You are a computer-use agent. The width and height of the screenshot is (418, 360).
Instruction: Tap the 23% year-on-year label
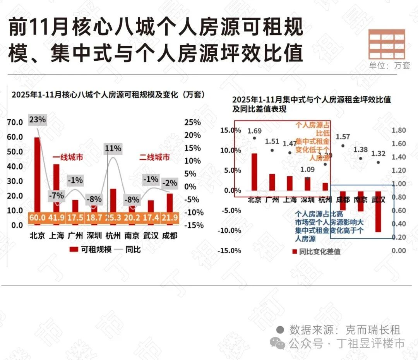tap(38, 120)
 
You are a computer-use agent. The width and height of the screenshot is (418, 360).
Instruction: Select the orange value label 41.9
tap(57, 218)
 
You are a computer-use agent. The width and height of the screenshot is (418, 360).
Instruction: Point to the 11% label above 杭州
tap(113, 148)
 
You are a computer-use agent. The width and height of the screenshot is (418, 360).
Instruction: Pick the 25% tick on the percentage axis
tap(192, 123)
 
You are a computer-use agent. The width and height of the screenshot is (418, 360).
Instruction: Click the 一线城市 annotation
tap(68, 158)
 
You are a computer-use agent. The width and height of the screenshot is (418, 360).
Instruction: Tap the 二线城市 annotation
tap(154, 158)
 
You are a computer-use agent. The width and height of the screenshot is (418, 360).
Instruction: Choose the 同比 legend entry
tap(129, 249)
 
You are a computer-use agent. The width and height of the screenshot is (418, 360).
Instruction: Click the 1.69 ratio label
tap(254, 130)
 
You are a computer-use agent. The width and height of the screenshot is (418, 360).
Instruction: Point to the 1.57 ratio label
tap(343, 137)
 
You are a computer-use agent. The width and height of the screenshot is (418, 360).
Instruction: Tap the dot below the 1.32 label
tap(378, 163)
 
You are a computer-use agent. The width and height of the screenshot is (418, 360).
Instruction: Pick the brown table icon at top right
tap(387, 43)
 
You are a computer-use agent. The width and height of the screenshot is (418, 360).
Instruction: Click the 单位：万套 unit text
tap(389, 65)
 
